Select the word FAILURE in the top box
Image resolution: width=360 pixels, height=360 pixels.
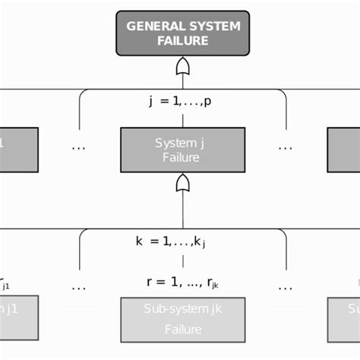pos(182,41)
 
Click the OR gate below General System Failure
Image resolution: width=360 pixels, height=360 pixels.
pos(182,69)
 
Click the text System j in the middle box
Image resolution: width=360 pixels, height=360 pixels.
pos(182,142)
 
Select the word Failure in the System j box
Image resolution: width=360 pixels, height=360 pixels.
pos(182,157)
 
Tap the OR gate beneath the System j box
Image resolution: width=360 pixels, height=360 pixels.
pos(182,184)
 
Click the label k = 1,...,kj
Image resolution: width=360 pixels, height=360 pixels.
pos(170,242)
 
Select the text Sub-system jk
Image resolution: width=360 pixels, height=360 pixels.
pos(182,311)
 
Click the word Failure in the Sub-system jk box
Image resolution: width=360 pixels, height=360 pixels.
pos(182,330)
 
